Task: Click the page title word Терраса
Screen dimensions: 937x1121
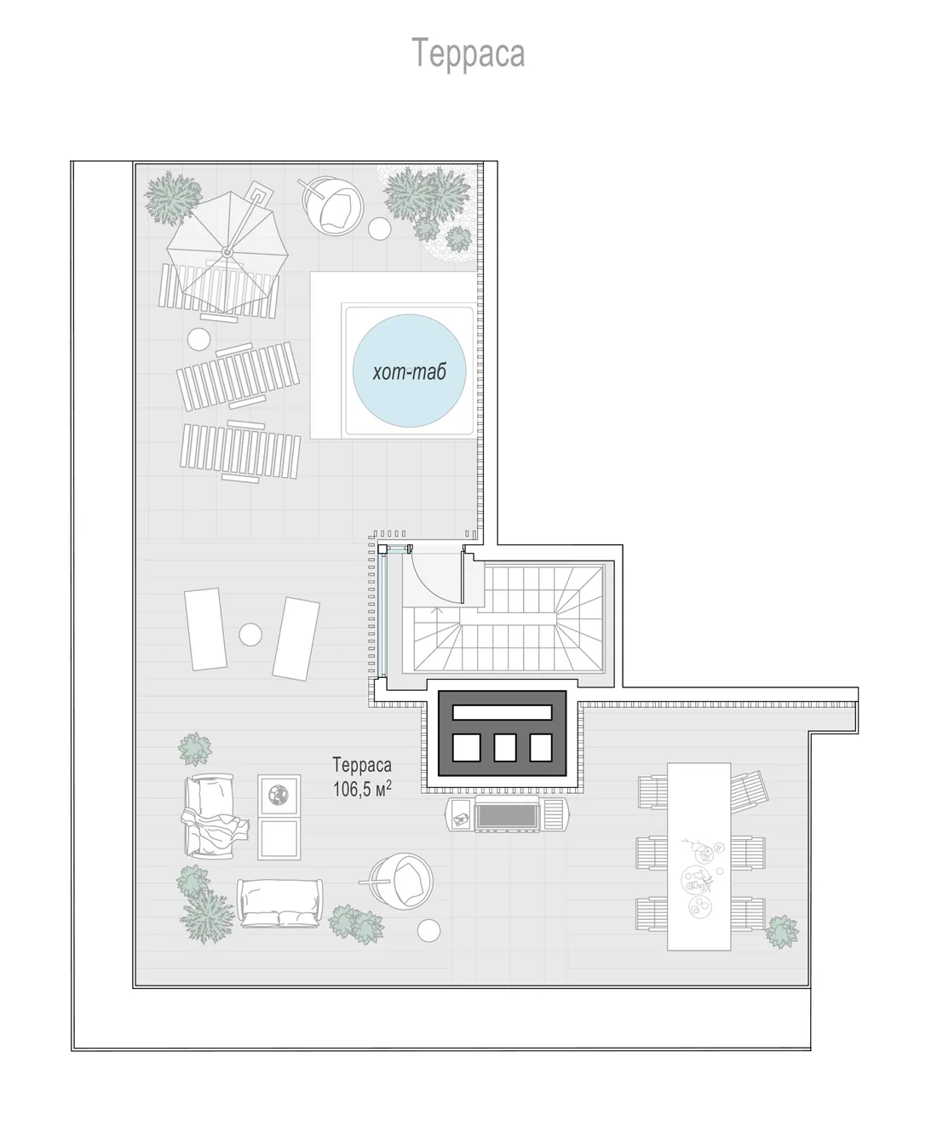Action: pos(468,53)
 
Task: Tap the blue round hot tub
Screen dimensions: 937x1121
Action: pos(409,371)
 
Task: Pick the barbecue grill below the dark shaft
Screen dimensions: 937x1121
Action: pos(507,813)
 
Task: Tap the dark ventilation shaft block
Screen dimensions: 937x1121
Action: pos(502,733)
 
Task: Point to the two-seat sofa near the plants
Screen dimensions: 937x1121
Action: pos(279,902)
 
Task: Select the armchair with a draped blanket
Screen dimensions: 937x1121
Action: pos(214,815)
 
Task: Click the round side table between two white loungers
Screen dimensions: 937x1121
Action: pos(250,635)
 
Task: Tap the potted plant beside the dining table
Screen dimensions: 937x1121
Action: pos(782,932)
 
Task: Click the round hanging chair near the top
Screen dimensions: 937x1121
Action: pos(332,204)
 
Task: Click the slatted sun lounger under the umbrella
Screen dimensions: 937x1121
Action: pos(219,291)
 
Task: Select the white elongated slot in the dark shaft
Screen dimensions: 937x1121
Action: pos(502,712)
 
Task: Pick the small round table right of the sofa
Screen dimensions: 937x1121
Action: pos(428,930)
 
